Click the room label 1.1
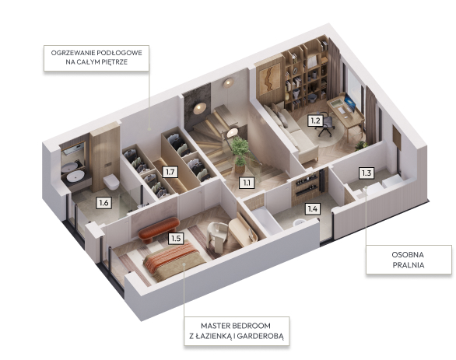coord(247,183)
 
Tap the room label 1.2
coord(315,121)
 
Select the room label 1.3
coord(367,173)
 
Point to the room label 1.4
coord(313,208)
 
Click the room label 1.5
coord(176,239)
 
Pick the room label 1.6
coord(103,202)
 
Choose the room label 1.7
coord(170,172)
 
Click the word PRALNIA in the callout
coord(409,265)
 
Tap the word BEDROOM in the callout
coord(252,326)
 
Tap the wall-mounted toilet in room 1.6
coord(111,182)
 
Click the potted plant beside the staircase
coord(240,155)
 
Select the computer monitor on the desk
coord(350,103)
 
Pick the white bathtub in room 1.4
coord(266,221)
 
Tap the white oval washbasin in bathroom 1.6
coord(75,176)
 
